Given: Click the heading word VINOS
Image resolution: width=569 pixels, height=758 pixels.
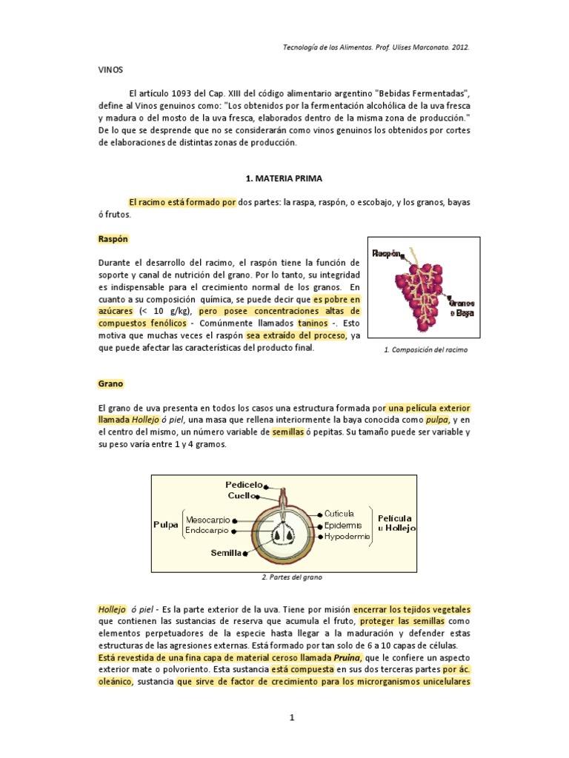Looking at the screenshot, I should click(110, 70).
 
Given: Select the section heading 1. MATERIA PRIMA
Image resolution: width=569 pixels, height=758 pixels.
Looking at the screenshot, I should click(284, 178).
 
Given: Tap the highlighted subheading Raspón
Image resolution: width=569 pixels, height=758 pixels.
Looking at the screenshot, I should click(113, 239).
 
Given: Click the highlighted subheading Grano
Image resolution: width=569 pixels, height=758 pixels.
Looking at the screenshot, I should click(110, 383).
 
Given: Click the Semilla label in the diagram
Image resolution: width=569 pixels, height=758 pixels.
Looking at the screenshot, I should click(227, 552).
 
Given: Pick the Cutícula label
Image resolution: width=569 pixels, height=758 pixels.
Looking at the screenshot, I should click(339, 513).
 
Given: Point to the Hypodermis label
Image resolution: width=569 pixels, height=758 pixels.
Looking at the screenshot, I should click(347, 536).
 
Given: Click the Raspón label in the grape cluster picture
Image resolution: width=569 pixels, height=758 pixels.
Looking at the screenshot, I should click(387, 252).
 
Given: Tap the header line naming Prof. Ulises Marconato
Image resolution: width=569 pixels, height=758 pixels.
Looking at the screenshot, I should click(376, 46).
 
